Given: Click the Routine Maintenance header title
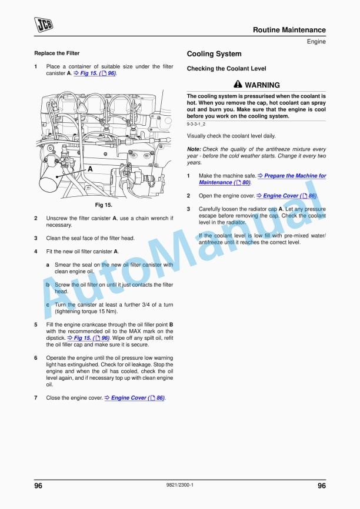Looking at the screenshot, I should tap(289, 30).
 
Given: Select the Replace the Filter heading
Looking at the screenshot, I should tap(57, 53).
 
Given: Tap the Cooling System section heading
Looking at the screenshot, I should tap(214, 54).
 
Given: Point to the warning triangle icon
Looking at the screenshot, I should tap(238, 85).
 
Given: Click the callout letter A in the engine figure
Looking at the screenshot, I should tap(90, 168).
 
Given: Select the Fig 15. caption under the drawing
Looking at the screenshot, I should tap(104, 205).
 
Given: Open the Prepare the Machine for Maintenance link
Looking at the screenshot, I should tap(292, 179).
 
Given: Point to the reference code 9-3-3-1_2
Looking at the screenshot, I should tap(200, 125).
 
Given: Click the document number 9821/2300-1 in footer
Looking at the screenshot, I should tap(180, 485).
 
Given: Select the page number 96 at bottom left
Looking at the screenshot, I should tap(38, 485).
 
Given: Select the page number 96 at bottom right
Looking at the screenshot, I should tap(321, 485).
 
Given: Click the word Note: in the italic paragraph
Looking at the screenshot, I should tap(194, 149).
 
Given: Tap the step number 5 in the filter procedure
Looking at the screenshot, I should tap(36, 324).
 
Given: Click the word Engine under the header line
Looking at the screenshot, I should tap(316, 42).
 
